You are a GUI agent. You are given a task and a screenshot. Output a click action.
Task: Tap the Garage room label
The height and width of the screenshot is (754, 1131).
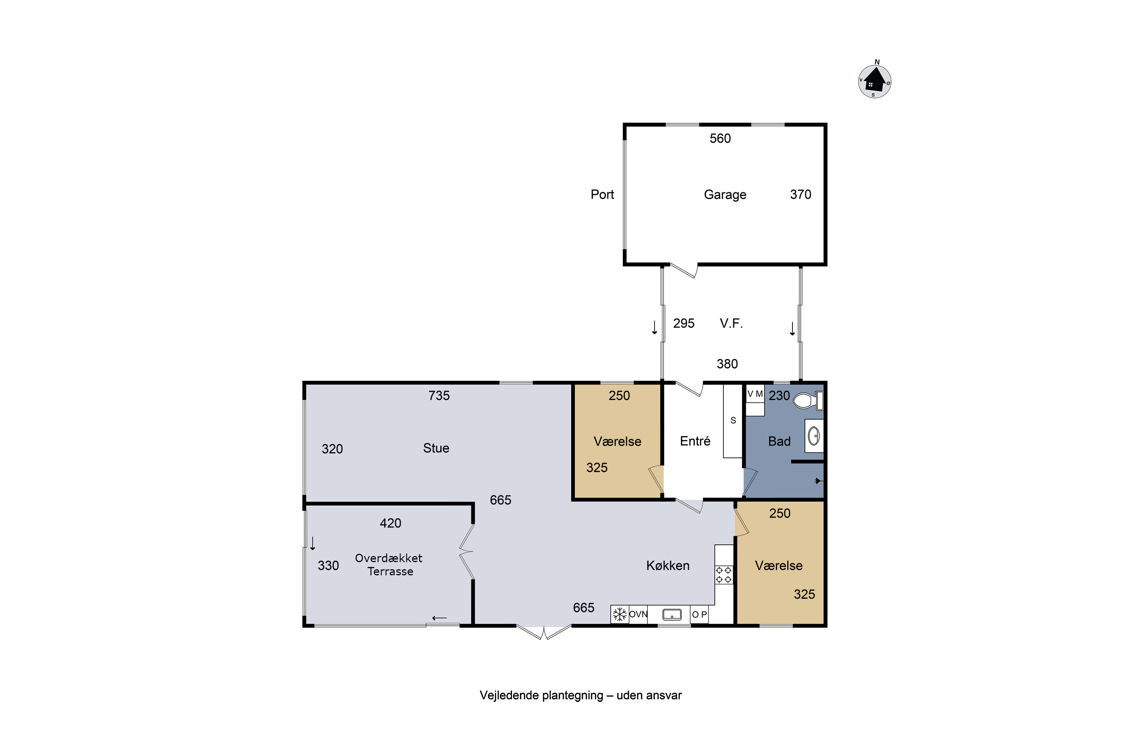click(x=725, y=195)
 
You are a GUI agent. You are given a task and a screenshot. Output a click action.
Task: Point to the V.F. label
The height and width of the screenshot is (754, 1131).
click(x=731, y=323)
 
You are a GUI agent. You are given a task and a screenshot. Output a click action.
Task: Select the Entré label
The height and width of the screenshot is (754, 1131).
click(x=695, y=441)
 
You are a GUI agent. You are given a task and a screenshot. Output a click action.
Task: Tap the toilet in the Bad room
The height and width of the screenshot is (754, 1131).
click(x=808, y=400)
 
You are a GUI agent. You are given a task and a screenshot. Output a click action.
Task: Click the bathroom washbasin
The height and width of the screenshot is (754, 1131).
click(x=814, y=436)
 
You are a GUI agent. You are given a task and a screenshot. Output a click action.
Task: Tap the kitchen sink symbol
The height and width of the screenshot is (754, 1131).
click(x=672, y=615)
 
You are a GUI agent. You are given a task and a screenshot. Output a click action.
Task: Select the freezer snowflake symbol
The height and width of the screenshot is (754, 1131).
click(x=620, y=615)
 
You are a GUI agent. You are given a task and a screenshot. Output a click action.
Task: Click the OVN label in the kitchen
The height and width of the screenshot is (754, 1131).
click(x=638, y=615)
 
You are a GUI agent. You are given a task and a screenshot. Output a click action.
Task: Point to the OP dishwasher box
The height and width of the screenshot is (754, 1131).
click(x=699, y=615)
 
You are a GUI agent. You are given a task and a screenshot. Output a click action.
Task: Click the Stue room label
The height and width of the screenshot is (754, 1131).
click(x=436, y=448)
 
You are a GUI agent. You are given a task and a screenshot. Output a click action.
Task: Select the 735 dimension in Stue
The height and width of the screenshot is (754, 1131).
click(x=439, y=396)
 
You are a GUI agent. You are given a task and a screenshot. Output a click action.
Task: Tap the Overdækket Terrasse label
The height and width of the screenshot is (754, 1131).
click(x=389, y=564)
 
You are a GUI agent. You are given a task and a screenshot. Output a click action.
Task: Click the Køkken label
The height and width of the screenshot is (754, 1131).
click(x=668, y=565)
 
